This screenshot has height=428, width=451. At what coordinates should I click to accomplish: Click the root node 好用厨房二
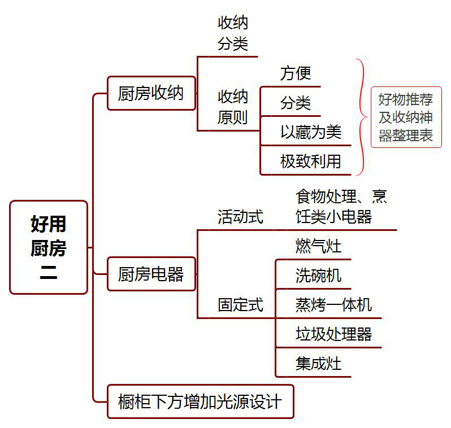(49, 247)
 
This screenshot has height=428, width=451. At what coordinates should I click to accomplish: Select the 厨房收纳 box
(151, 93)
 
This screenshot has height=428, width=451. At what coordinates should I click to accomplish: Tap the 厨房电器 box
(151, 274)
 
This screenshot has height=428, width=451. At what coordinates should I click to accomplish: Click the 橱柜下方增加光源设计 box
(200, 401)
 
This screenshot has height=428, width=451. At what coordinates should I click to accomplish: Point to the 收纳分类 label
(233, 33)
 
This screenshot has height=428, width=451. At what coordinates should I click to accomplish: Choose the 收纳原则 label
(233, 107)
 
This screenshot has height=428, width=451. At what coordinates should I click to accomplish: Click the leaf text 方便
(296, 73)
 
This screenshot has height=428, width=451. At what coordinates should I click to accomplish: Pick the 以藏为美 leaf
(311, 132)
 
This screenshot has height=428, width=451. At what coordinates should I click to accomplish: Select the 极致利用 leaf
(311, 161)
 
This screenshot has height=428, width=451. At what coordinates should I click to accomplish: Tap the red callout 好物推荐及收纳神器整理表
(406, 117)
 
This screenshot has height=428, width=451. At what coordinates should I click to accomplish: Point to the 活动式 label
(240, 217)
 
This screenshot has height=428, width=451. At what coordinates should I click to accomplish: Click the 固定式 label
(240, 305)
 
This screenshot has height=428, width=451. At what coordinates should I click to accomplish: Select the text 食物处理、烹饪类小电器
(341, 207)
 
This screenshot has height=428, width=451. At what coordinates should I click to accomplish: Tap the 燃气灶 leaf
(318, 246)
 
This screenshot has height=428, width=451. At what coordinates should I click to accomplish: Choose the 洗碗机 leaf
(318, 276)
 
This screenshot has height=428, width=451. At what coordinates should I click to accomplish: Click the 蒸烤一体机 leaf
(333, 305)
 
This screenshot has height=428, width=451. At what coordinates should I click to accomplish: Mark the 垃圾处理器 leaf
(333, 334)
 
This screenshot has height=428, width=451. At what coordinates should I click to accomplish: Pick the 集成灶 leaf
(318, 363)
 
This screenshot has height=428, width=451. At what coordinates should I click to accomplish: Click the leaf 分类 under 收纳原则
(296, 103)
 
